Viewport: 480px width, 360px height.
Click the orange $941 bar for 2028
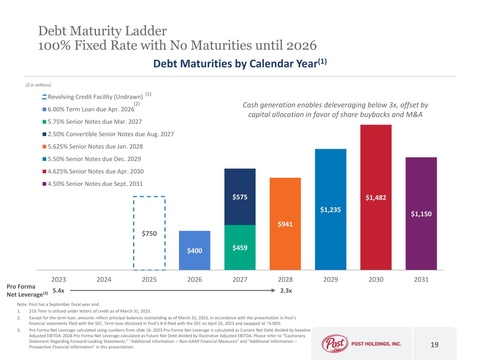pyautogui.click(x=285, y=224)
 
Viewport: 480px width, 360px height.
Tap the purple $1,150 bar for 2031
pyautogui.click(x=421, y=213)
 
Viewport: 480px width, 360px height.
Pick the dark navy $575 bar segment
pyautogui.click(x=240, y=197)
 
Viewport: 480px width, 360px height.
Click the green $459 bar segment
pyautogui.click(x=240, y=247)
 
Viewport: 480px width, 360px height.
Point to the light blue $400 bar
pyautogui.click(x=194, y=250)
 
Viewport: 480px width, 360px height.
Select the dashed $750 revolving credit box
pyautogui.click(x=149, y=233)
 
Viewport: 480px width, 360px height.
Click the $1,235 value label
pyautogui.click(x=331, y=210)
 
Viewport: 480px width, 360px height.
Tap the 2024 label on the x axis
pyautogui.click(x=104, y=279)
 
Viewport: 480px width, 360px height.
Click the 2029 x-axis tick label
pyautogui.click(x=331, y=279)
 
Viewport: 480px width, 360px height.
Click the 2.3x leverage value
pyautogui.click(x=287, y=291)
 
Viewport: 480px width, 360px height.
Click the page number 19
pyautogui.click(x=435, y=345)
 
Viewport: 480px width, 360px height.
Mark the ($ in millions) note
pyautogui.click(x=39, y=85)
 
